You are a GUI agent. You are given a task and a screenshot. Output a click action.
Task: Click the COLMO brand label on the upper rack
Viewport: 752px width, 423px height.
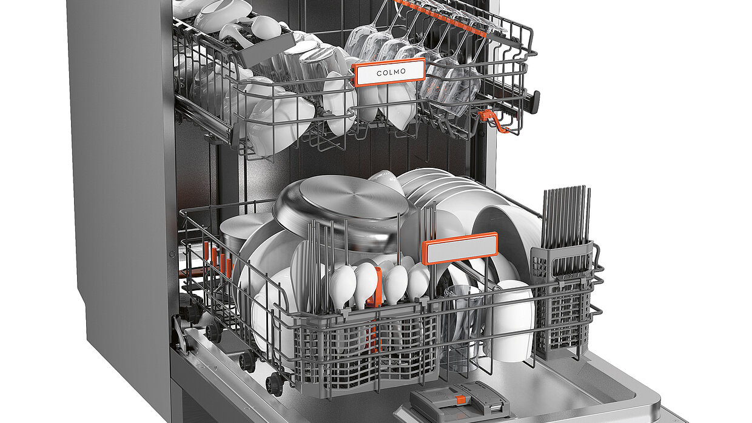pyautogui.click(x=389, y=72)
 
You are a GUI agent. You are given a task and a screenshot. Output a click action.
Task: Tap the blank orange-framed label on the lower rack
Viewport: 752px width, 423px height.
pyautogui.click(x=460, y=248)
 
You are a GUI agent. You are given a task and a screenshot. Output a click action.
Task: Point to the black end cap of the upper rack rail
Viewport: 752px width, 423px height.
pyautogui.click(x=535, y=102)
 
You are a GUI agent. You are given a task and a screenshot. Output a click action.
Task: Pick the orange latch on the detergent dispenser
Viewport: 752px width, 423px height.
pyautogui.click(x=461, y=399)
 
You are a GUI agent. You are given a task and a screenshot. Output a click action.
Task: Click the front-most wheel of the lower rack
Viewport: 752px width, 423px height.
pyautogui.click(x=275, y=384)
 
